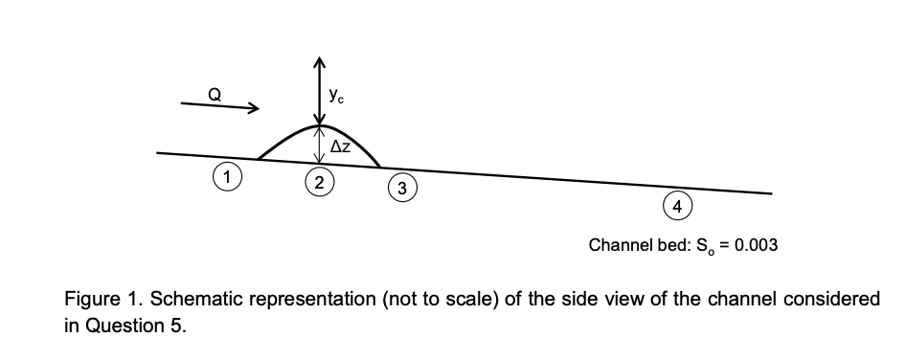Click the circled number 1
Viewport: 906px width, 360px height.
226,175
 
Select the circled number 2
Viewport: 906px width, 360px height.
319,182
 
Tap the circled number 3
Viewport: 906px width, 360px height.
402,189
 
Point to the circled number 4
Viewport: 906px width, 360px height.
677,207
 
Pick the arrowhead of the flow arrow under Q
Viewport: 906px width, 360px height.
253,110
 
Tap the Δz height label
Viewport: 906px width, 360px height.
340,147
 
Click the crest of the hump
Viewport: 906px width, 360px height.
320,126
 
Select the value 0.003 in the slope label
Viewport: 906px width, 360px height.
755,245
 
